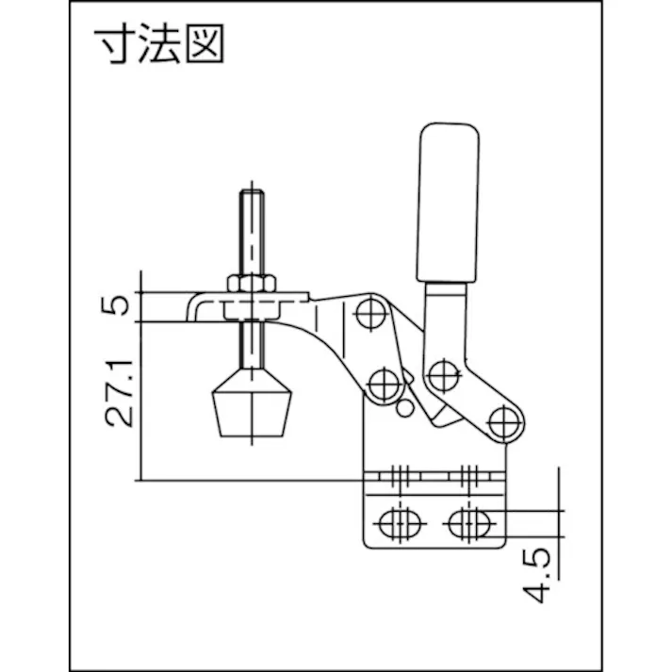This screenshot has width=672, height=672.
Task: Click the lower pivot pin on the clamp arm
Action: click(x=382, y=384)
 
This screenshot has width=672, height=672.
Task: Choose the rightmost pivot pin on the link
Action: click(x=507, y=418)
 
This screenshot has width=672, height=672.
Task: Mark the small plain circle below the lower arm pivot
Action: click(x=404, y=407)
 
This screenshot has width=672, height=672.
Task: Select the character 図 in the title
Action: click(x=205, y=45)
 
